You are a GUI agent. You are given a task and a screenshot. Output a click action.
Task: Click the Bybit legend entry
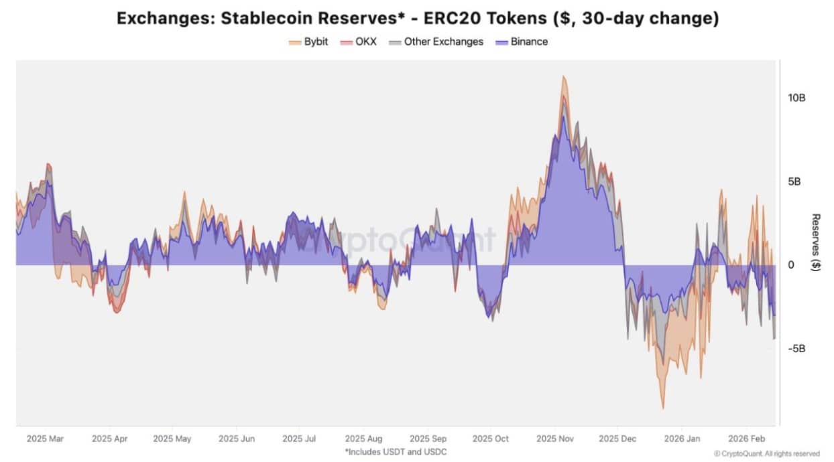308,42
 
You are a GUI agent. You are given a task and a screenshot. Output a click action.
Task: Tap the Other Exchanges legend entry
436,42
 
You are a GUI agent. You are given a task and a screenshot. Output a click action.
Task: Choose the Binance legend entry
522,42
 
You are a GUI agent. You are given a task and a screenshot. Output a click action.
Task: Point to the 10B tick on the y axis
796,98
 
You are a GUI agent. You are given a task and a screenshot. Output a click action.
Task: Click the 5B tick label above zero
796,181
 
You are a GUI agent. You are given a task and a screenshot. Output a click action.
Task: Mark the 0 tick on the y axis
791,265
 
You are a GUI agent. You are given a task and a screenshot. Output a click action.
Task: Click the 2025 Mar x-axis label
46,439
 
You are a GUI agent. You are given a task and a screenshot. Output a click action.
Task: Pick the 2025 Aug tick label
363,439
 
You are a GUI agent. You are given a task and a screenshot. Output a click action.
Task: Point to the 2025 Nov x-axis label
554,439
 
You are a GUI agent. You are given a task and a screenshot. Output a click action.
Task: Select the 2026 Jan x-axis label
681,439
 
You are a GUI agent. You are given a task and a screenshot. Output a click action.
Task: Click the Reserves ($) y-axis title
816,243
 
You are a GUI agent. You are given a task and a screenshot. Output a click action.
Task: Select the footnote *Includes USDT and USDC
396,452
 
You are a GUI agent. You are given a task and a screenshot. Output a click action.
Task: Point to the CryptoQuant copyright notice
767,453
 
